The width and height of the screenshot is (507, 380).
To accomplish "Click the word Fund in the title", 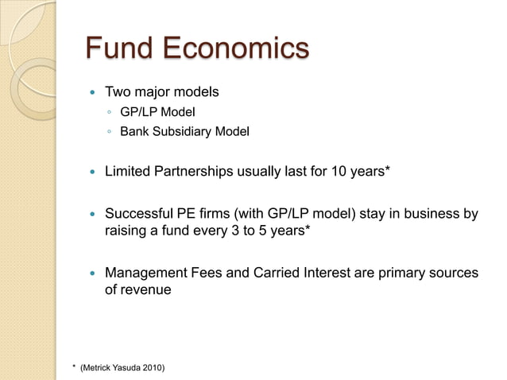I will tap(118, 49).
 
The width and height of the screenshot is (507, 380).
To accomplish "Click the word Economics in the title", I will tap(236, 49).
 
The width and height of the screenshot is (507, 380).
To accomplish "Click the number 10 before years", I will tap(335, 171).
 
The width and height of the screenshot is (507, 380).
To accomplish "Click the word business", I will tap(433, 214).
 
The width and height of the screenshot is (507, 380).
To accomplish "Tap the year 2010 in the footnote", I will tap(153, 366).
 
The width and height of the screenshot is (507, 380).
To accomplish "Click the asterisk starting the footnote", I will tap(73, 365).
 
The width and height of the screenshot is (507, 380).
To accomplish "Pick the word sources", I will tap(452, 273).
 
